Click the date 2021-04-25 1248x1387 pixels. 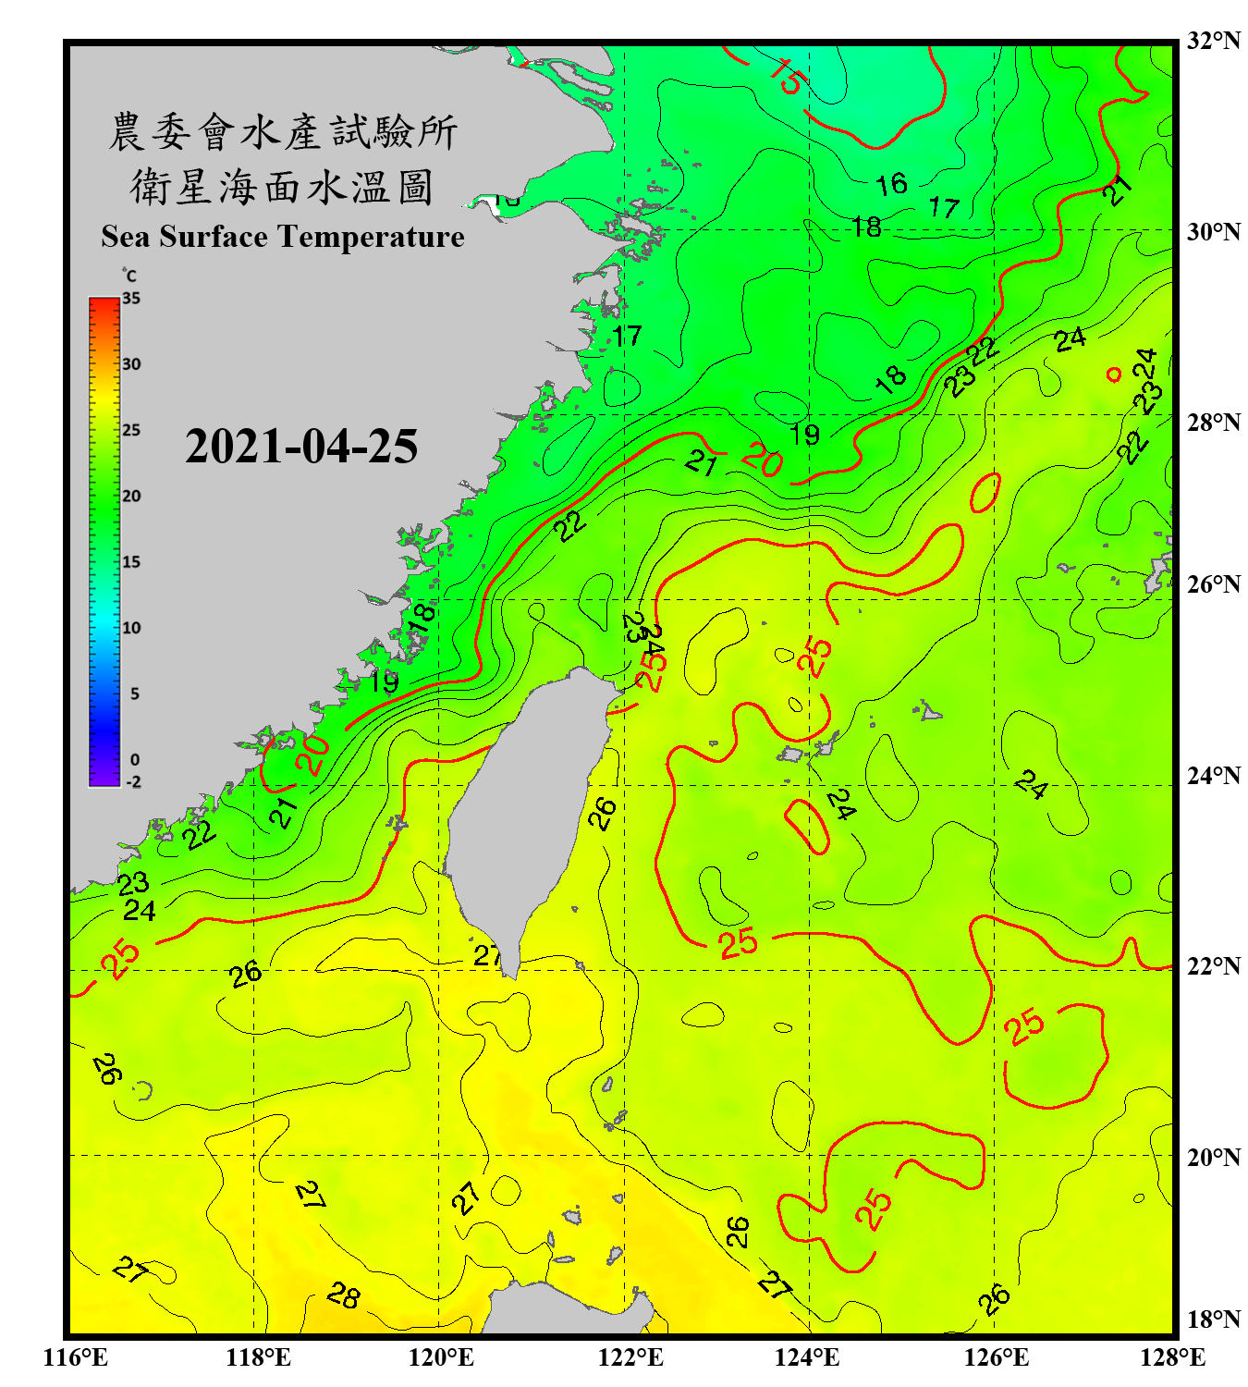tap(301, 447)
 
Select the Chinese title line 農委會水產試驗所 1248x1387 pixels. tap(283, 132)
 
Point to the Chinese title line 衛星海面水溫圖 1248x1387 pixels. tap(283, 188)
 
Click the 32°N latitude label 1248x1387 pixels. tap(1214, 41)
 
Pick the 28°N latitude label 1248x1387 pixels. tap(1214, 423)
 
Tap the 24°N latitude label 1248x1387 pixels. tap(1214, 775)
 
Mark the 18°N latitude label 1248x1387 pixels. tap(1214, 1319)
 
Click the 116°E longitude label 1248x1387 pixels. tap(76, 1357)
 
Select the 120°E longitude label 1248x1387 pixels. tap(441, 1357)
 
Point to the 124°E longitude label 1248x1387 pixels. tap(807, 1357)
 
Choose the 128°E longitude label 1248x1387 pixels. tap(1172, 1357)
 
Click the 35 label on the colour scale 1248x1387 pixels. tap(131, 299)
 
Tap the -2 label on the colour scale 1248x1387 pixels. tap(133, 782)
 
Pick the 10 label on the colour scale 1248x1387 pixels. tap(131, 628)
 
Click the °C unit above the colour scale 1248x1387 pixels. tap(128, 276)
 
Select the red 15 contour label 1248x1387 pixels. tap(788, 76)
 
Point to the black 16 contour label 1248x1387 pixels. tap(891, 184)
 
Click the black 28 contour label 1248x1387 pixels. tap(343, 1295)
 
